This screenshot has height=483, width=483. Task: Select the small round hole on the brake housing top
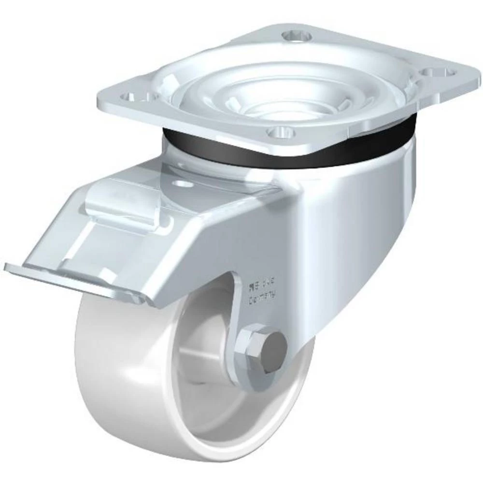pyautogui.click(x=182, y=184)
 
